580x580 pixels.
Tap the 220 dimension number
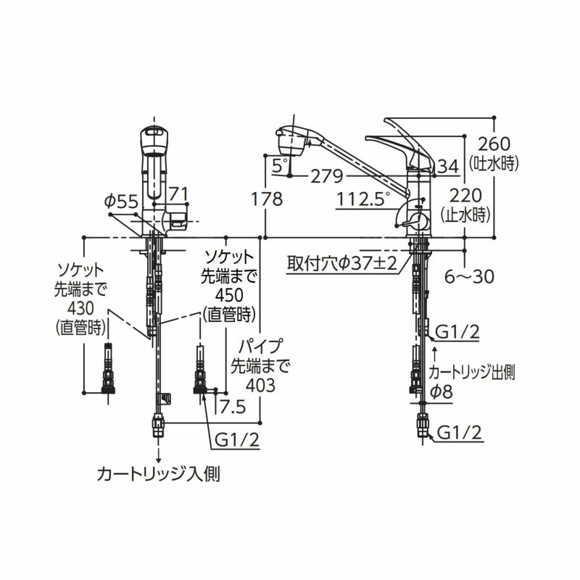(465, 194)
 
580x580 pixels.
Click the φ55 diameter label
(120, 202)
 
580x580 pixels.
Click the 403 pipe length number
(261, 385)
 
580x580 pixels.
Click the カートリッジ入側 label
(159, 475)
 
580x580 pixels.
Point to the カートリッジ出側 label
(471, 373)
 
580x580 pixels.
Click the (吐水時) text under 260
(493, 164)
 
